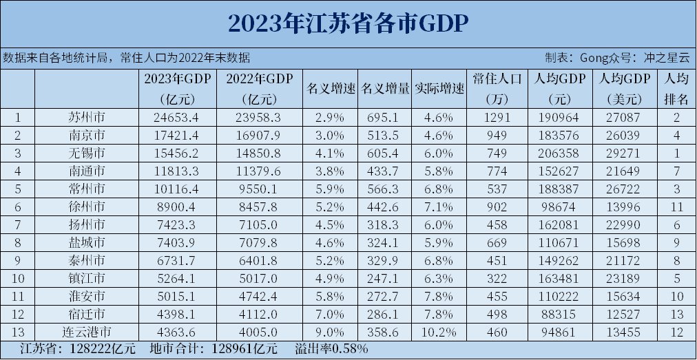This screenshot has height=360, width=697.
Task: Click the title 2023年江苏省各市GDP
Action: point(348,23)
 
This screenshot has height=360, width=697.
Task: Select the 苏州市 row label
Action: point(87,117)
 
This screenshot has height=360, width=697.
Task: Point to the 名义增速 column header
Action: point(331,89)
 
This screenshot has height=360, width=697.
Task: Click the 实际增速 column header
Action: point(439,89)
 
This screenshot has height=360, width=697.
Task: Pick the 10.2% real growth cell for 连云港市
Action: point(439,332)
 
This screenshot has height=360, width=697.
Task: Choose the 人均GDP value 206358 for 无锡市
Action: point(556,153)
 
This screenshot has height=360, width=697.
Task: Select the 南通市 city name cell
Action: point(87,171)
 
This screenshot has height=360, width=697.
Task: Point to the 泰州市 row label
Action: point(87,260)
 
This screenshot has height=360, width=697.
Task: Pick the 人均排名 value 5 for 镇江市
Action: point(676,278)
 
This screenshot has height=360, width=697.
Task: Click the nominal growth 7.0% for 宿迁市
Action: point(331,314)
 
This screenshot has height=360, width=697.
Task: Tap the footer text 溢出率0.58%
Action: point(331,349)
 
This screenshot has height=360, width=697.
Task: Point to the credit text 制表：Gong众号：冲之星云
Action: point(617,58)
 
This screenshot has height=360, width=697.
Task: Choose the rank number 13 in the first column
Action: point(18,332)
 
